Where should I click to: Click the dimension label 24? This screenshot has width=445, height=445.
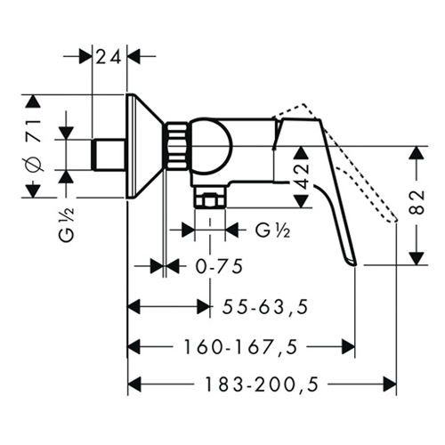(109, 57)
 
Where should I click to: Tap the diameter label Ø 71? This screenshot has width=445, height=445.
(33, 146)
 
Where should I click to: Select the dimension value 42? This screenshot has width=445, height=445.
(303, 176)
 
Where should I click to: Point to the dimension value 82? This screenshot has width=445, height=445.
(417, 202)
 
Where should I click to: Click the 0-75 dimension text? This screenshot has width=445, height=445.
(219, 266)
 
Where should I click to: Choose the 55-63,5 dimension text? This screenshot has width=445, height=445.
(265, 307)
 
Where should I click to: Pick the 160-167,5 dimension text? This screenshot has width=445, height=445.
(240, 346)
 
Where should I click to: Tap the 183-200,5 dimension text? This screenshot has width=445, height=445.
(262, 384)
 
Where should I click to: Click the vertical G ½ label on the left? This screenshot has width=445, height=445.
(68, 224)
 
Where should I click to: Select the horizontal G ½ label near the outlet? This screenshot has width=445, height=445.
(272, 231)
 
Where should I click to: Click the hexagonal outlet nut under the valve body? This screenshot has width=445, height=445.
(210, 199)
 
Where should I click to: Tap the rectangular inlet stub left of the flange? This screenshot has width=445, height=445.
(109, 154)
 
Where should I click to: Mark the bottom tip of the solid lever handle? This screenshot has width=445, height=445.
(355, 264)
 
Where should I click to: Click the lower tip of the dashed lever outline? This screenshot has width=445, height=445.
(396, 220)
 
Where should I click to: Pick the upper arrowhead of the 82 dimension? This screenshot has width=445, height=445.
(417, 153)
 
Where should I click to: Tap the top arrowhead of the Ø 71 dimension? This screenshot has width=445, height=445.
(33, 101)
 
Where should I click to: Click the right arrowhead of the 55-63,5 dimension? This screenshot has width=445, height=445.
(203, 306)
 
